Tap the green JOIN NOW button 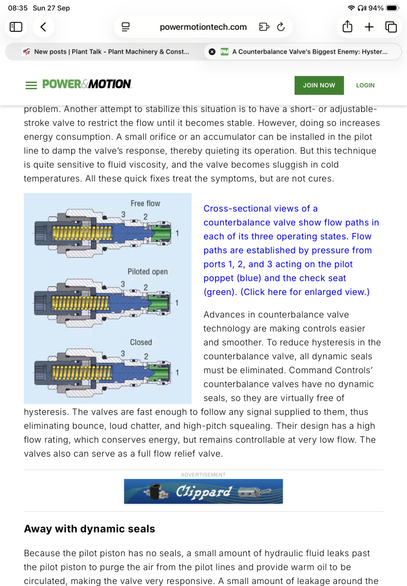[319, 85]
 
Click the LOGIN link [365, 85]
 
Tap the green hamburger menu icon [31, 85]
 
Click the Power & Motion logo [87, 84]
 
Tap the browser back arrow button [43, 27]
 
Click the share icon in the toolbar [347, 27]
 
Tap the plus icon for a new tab [369, 27]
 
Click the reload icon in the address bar [281, 27]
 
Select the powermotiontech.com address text [203, 27]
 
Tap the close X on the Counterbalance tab [212, 52]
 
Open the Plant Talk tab [105, 52]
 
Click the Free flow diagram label [145, 203]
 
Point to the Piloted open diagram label [147, 272]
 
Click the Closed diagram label [141, 342]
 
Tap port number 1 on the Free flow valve [177, 233]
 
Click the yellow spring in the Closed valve [82, 373]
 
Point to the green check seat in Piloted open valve [159, 303]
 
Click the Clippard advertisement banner [203, 491]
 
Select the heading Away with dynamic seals [89, 529]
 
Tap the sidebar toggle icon [16, 27]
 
